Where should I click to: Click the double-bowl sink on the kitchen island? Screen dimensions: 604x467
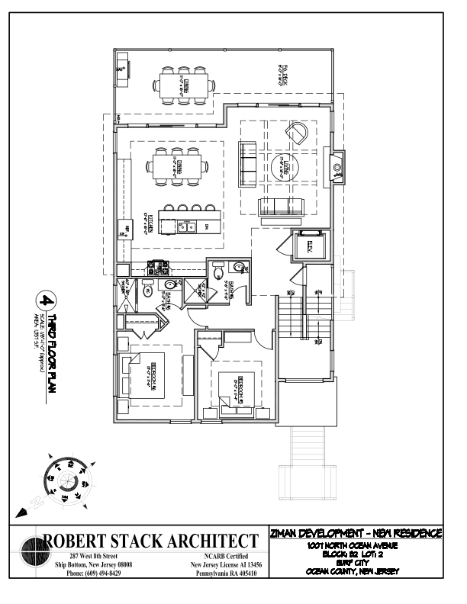click(x=187, y=227)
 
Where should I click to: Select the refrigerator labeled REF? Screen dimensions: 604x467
click(x=126, y=229)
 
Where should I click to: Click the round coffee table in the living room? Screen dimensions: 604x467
click(x=285, y=167)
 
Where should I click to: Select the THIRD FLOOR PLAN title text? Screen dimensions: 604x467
click(x=52, y=353)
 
